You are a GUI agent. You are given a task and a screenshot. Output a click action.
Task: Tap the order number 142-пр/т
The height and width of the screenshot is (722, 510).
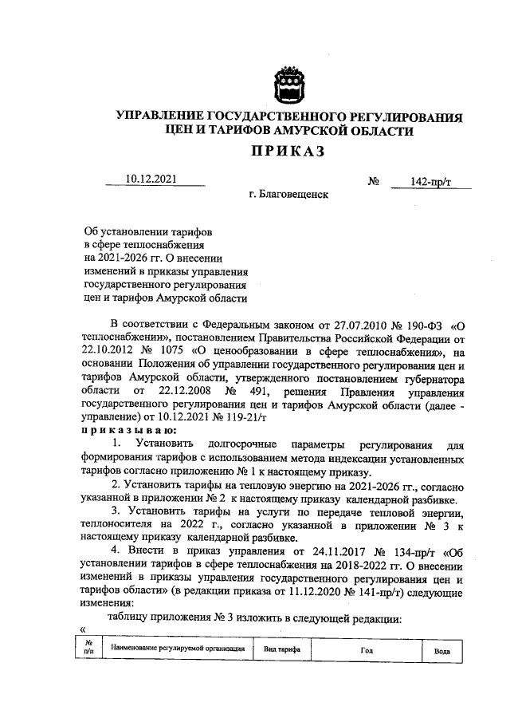(431, 182)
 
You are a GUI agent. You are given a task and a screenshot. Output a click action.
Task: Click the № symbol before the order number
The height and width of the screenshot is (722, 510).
(373, 182)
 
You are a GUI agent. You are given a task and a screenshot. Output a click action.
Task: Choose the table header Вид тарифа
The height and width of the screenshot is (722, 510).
(282, 649)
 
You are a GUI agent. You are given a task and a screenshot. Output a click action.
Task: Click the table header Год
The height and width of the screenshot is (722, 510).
(366, 649)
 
